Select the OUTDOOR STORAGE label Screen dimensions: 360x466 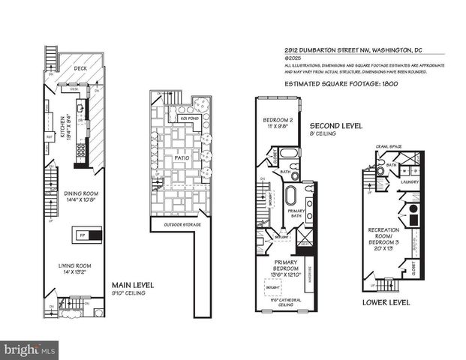[x=178, y=223]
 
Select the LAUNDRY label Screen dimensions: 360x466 [x=410, y=181]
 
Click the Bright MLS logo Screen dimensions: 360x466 [x=30, y=349]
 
